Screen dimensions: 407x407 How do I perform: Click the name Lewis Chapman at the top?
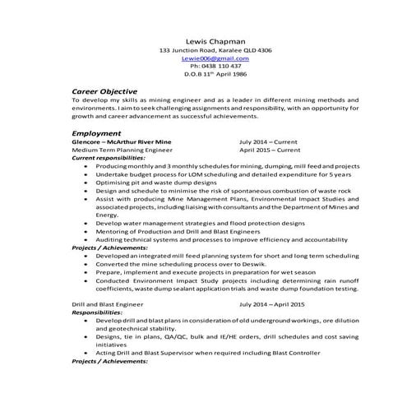click(x=215, y=39)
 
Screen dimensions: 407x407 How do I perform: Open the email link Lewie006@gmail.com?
click(x=215, y=58)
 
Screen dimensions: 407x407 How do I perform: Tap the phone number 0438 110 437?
click(x=215, y=67)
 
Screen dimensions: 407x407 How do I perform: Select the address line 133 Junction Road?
click(x=215, y=50)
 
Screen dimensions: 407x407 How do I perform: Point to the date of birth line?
click(x=215, y=75)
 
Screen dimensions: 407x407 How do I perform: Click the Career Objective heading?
click(x=104, y=91)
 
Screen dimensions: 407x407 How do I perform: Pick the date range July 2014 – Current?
click(x=270, y=141)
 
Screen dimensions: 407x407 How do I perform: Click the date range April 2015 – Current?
click(x=270, y=150)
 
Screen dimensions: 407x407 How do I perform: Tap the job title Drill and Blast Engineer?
click(x=108, y=304)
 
